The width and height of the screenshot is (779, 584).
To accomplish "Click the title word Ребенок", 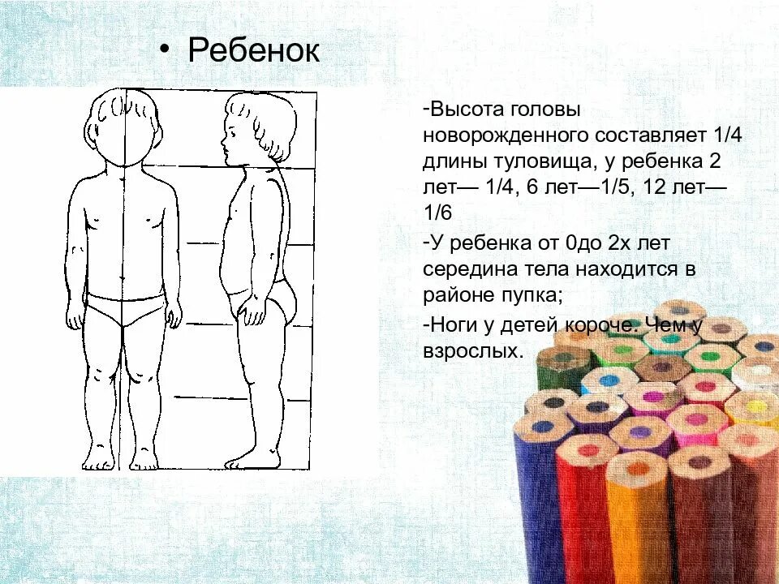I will (253, 51).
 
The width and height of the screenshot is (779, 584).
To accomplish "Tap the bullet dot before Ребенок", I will (165, 49).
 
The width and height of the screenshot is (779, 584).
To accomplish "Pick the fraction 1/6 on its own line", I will (437, 213).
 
